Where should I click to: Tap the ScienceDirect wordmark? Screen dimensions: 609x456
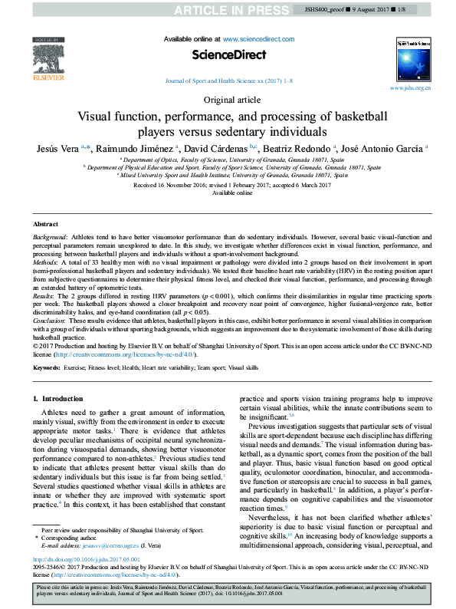pos(228,54)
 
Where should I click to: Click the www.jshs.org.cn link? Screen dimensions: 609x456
pos(410,88)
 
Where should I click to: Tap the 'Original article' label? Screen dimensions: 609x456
pos(228,100)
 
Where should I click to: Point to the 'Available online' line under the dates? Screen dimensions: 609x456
pos(228,193)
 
